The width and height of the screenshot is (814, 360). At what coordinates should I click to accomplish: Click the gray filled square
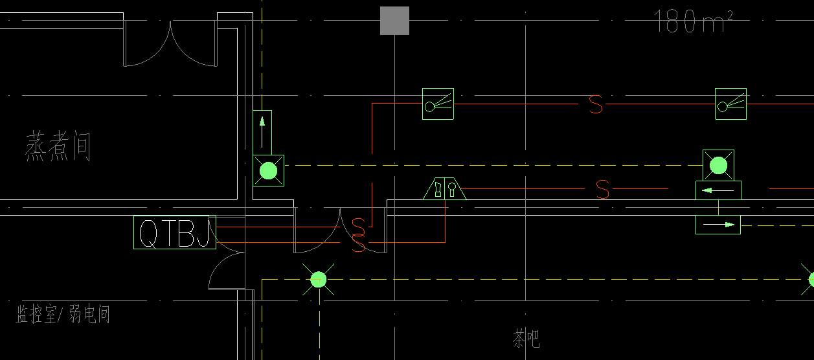394,21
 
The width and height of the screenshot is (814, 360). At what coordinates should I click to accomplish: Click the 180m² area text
693,21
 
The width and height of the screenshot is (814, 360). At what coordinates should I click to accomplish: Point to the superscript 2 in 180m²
729,14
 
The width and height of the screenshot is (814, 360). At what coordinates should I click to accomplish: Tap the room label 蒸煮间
58,146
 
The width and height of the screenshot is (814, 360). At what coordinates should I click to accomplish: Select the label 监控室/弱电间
63,314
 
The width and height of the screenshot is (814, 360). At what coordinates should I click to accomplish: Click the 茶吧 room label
526,339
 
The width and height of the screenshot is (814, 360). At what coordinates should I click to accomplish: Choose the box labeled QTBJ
175,232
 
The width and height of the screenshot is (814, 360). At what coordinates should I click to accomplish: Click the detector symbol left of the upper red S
438,104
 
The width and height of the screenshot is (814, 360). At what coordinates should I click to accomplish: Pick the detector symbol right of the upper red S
730,104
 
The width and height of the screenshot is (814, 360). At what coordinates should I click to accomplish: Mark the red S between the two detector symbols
596,104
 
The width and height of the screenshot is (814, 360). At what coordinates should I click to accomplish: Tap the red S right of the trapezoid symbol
602,189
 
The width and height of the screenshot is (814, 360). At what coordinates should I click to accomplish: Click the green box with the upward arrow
262,133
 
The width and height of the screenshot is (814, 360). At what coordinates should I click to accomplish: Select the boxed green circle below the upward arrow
269,171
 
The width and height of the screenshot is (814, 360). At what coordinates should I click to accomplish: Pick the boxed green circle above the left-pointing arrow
718,166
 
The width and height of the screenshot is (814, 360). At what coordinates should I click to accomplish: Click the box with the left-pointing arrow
718,190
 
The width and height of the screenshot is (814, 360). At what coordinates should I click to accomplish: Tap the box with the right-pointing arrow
718,225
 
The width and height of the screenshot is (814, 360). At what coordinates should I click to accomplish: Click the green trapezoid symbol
445,188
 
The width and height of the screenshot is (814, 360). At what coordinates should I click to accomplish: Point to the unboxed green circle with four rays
319,279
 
